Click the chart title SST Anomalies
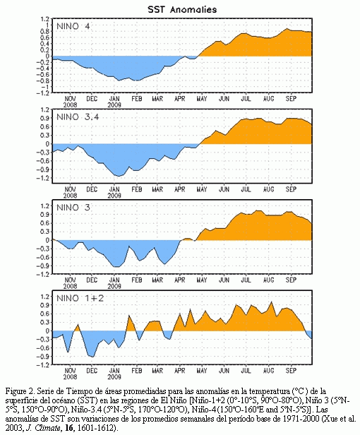click(182, 9)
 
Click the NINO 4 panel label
click(73, 26)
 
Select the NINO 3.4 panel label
click(78, 117)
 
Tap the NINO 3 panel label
click(73, 208)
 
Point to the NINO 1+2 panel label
click(80, 298)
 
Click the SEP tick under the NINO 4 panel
click(291, 98)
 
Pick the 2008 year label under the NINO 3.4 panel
click(70, 196)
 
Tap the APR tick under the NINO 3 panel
click(180, 280)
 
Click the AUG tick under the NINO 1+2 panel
click(268, 371)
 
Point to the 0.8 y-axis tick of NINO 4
click(45, 31)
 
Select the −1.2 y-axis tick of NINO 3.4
click(43, 178)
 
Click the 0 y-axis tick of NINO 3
click(48, 240)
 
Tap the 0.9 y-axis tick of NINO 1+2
click(45, 305)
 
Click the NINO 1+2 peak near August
click(271, 302)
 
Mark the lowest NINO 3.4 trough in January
click(119, 176)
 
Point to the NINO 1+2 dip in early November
click(68, 352)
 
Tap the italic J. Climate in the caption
click(44, 428)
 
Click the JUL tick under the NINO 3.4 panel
click(246, 189)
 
